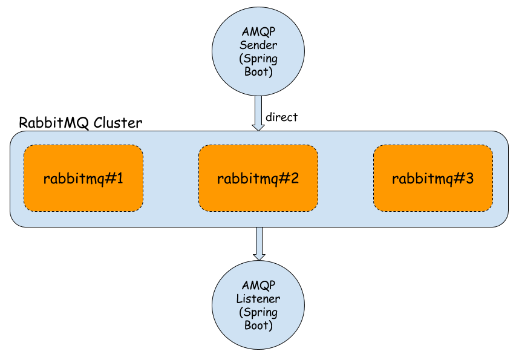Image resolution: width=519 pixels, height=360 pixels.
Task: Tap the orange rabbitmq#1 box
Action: (83, 178)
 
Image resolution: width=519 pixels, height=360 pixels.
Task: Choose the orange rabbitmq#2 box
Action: (258, 178)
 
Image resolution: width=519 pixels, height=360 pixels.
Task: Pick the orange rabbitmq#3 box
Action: (432, 178)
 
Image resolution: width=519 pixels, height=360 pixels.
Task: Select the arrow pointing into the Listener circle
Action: (258, 243)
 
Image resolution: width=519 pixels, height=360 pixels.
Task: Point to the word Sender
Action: (258, 45)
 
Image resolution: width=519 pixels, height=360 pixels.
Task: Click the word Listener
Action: (258, 299)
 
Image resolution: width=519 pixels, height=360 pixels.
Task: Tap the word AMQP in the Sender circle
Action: (258, 31)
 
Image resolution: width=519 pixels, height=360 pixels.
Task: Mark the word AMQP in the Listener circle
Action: (258, 286)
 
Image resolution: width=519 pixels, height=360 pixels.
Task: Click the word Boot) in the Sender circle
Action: (258, 71)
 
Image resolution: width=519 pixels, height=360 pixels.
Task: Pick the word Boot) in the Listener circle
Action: (258, 326)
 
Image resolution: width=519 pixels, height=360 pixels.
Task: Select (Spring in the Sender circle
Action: (258, 58)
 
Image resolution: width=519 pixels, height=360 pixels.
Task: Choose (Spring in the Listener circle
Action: (258, 312)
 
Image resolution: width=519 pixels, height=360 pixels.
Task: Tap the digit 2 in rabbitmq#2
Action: (295, 178)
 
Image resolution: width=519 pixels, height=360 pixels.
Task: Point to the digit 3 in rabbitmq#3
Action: (469, 178)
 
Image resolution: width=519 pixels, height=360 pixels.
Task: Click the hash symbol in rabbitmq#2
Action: (284, 178)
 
